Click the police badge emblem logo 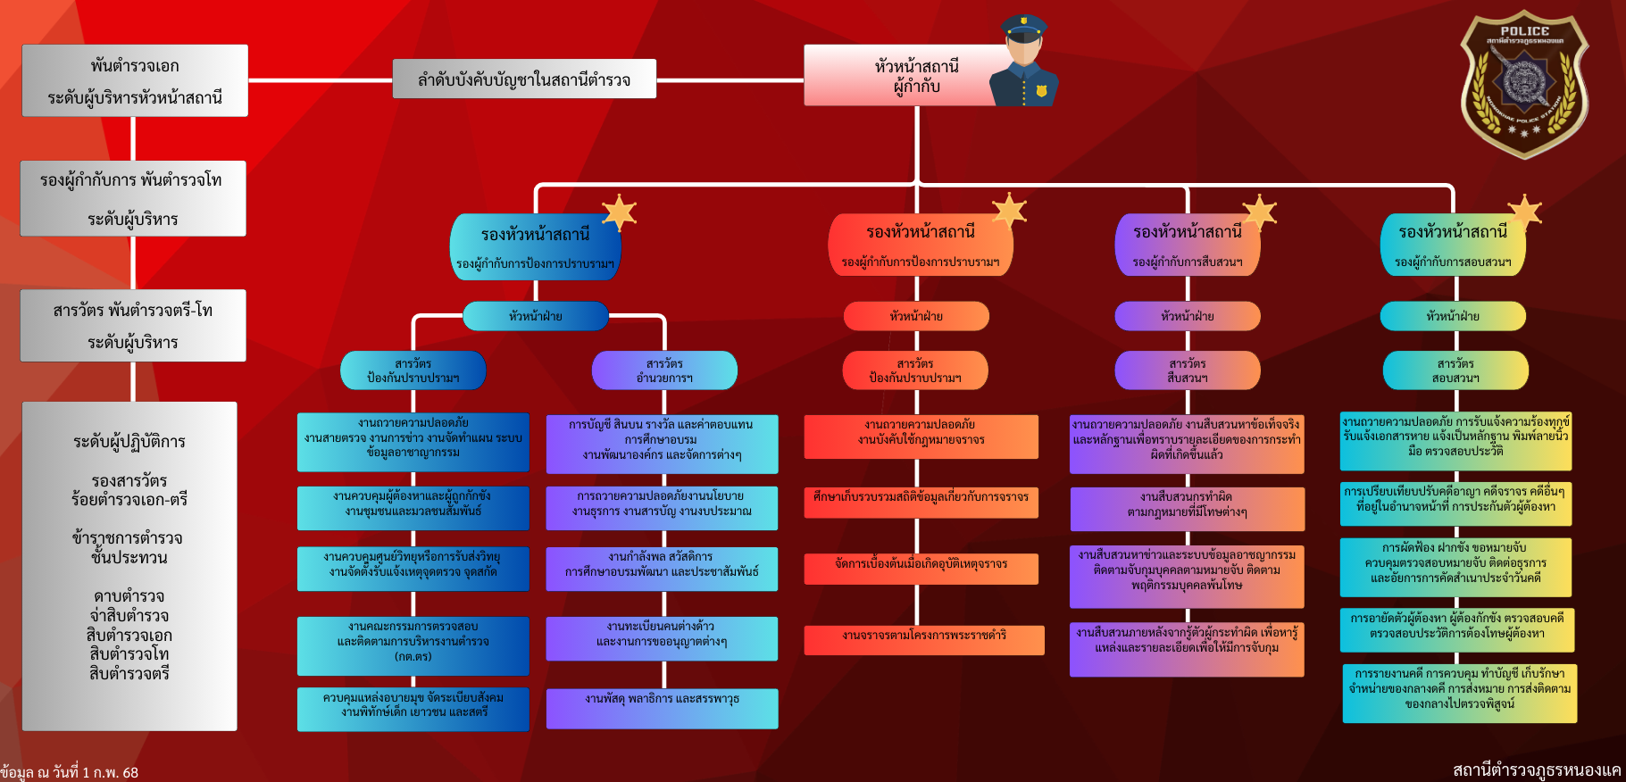tap(1523, 85)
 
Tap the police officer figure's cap tap(1023, 28)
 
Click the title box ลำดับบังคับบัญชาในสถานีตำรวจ tap(524, 79)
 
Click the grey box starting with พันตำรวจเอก tap(135, 81)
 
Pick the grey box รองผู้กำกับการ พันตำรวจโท tap(133, 198)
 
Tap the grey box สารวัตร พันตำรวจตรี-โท tap(133, 325)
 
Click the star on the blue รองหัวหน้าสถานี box tap(619, 212)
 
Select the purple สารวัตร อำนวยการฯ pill tap(664, 370)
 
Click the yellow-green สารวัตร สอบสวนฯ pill tap(1455, 370)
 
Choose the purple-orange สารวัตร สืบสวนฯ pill tap(1188, 370)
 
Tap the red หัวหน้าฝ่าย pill tap(916, 316)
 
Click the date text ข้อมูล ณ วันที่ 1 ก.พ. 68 tap(70, 772)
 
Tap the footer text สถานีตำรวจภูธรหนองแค tap(1536, 770)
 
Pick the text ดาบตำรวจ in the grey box tap(129, 596)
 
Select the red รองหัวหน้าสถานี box tap(920, 243)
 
